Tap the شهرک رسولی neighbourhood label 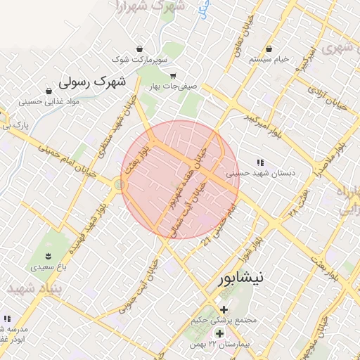click(91, 82)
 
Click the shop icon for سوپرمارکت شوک click(143, 49)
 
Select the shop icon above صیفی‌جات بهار click(173, 76)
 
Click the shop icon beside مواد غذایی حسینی click(49, 91)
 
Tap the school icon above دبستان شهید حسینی click(260, 162)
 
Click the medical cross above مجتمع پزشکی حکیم click(224, 309)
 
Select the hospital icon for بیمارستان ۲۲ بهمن click(219, 333)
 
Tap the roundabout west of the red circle click(117, 184)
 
